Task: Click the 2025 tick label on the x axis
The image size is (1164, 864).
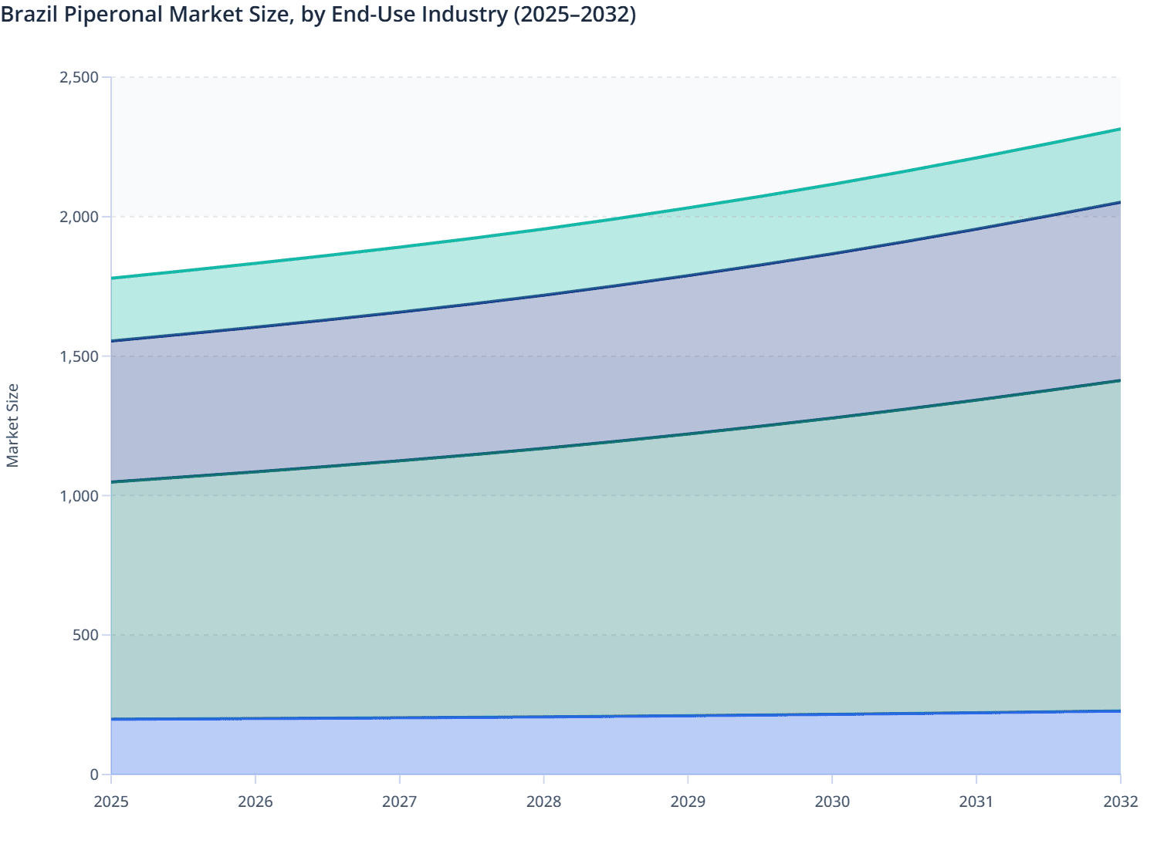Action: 111,802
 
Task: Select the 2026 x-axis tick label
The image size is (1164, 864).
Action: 255,802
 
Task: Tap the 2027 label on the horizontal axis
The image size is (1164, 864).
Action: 400,802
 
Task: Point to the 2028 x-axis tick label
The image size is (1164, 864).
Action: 544,802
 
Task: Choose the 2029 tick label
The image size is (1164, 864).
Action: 688,802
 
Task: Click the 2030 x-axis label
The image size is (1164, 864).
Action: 832,802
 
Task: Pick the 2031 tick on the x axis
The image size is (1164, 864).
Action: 976,802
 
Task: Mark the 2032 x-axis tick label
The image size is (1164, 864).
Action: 1120,802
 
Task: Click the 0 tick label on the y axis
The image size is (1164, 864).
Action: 94,775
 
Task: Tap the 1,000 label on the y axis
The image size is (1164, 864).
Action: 80,496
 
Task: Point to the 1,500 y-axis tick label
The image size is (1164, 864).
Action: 80,356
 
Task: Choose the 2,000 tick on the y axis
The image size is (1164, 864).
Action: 80,217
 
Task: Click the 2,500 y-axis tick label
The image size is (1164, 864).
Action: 80,77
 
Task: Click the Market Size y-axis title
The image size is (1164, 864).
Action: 12,426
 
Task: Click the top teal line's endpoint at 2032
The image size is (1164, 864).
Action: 1120,129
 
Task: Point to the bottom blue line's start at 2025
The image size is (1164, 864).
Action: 112,719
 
